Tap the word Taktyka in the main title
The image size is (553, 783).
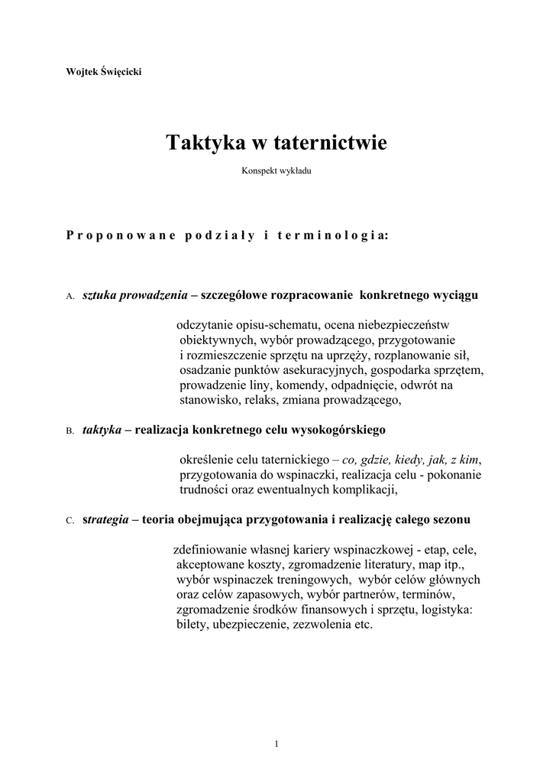[x=200, y=143]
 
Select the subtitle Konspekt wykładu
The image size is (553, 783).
[x=276, y=171]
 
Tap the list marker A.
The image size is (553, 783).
[x=70, y=296]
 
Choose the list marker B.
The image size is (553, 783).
[x=70, y=431]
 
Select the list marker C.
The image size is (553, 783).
[x=70, y=521]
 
